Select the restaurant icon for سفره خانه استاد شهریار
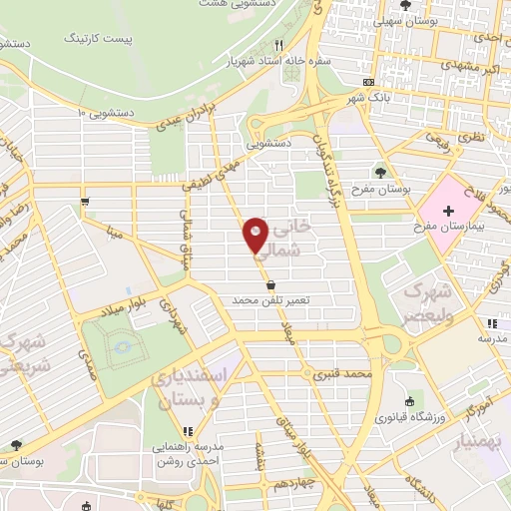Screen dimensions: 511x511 click(279, 45)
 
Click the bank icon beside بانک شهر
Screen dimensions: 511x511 click(368, 82)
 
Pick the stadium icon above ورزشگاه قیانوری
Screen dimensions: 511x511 click(410, 401)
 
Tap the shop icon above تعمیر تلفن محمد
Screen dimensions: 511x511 click(271, 284)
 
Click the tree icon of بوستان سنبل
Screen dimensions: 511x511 click(14, 444)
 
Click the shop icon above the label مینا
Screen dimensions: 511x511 click(87, 202)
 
